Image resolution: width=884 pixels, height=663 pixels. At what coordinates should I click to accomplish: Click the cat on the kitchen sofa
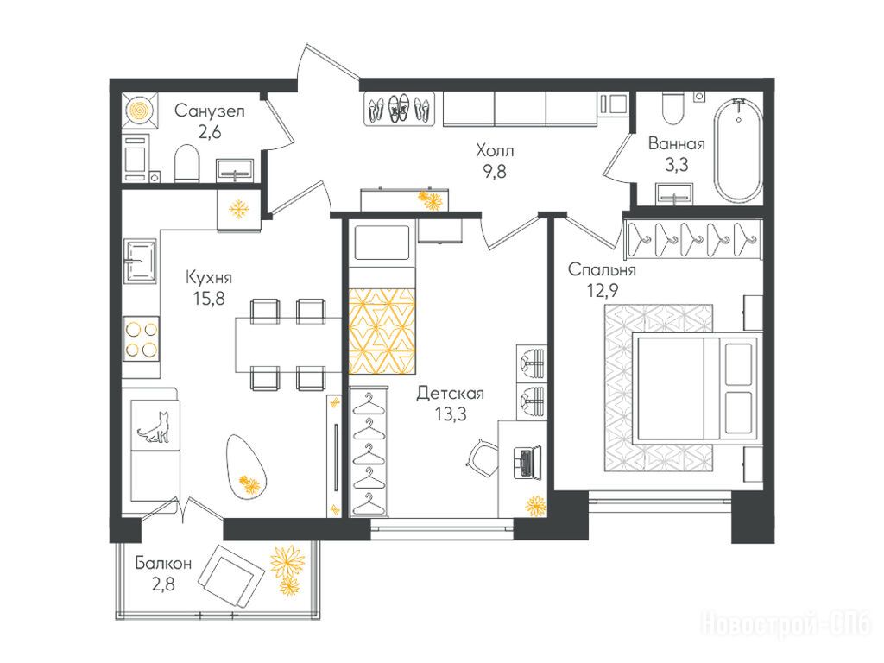154,427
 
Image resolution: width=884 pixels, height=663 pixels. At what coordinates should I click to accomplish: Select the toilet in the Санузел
187,163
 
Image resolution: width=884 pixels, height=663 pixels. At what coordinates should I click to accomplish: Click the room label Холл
495,150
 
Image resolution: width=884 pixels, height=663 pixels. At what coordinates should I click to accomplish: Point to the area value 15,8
209,298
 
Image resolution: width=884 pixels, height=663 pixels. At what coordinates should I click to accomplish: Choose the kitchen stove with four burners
142,341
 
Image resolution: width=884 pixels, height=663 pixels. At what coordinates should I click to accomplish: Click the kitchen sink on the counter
141,261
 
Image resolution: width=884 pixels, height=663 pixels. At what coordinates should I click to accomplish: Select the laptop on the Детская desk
527,462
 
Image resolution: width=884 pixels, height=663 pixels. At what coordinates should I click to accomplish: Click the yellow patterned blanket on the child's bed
382,331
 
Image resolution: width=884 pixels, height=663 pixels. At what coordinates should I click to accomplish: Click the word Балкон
163,563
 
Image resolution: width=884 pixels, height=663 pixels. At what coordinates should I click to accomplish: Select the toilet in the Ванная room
673,109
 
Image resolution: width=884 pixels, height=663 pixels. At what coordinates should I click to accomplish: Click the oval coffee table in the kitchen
246,465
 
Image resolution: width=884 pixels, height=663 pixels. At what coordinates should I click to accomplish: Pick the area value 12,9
603,290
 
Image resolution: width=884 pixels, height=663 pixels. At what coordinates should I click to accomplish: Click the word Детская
450,393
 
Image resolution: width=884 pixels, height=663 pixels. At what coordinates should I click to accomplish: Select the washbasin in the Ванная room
675,193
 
